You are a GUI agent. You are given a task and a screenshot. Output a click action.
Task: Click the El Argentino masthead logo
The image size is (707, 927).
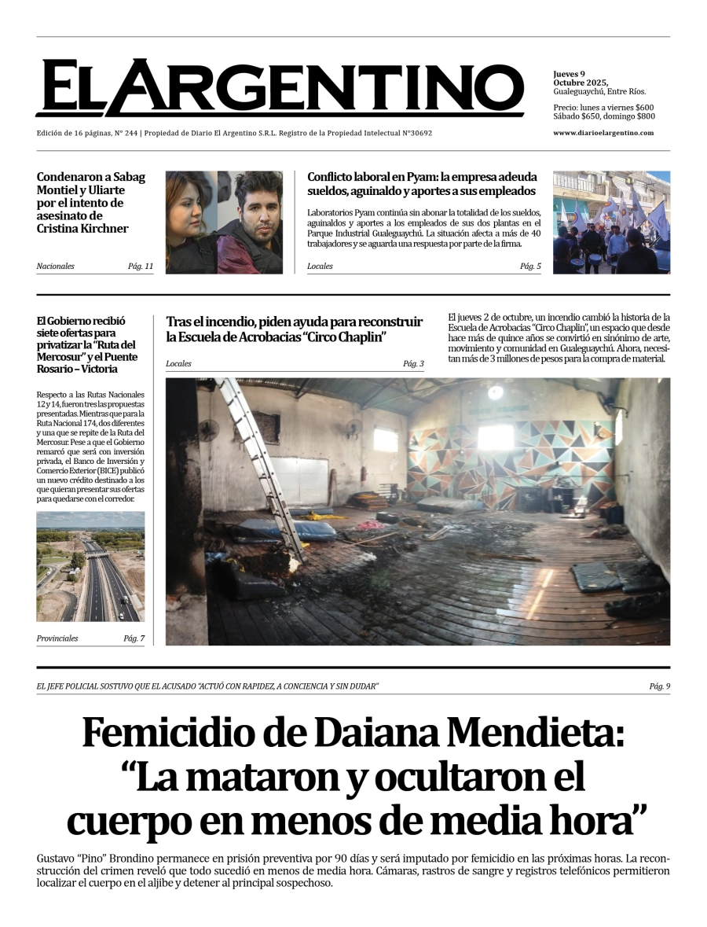coord(279,88)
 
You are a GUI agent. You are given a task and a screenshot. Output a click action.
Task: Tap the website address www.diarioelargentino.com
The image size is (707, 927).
coord(603,133)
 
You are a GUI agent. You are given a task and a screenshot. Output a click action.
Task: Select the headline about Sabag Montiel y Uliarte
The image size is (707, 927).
coord(91,203)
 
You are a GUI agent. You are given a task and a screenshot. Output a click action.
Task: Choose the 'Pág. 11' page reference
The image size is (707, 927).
coord(141,267)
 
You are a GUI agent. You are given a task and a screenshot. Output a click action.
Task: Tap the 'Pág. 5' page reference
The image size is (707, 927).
coord(530,267)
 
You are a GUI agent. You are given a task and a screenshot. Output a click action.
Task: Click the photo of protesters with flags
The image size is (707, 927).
coord(611,223)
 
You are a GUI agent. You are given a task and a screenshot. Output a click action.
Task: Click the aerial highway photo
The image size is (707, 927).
coord(90,566)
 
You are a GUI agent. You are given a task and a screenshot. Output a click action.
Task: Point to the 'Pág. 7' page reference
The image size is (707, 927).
coord(134,638)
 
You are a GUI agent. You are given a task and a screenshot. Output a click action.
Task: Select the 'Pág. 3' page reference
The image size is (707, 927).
coord(413,364)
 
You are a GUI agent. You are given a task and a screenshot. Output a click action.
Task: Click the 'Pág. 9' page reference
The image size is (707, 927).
coord(660,687)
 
